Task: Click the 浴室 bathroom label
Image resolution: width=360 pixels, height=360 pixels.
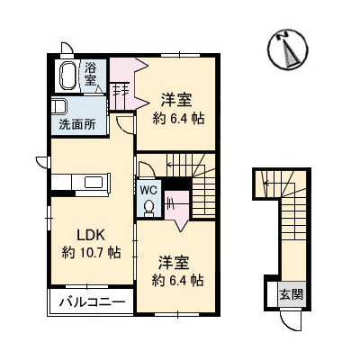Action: pos(91,73)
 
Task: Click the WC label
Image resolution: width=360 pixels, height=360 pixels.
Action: pos(148,189)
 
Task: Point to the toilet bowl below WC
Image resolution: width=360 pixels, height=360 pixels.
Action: pos(149,206)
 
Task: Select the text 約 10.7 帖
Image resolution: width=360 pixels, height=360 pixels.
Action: pos(91,252)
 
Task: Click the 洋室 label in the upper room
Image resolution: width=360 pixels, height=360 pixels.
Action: pos(176,98)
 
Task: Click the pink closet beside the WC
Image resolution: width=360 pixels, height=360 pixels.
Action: pos(176,206)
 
